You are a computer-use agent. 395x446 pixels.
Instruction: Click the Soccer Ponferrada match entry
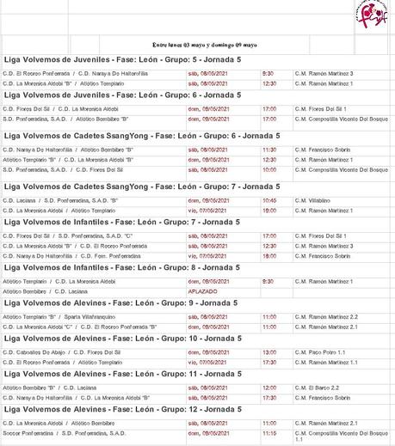(x=54, y=433)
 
